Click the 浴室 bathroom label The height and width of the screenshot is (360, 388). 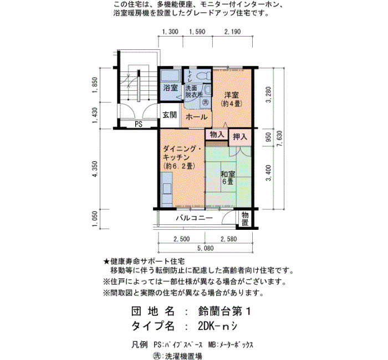(170, 88)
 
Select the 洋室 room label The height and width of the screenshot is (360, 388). (231, 95)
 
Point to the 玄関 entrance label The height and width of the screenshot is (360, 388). (170, 115)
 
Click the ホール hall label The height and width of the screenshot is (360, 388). (196, 117)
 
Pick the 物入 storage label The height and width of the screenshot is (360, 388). (217, 135)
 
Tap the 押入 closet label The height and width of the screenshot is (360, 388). (239, 137)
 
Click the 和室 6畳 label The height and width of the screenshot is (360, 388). (228, 178)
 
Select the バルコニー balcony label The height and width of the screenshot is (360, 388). (194, 218)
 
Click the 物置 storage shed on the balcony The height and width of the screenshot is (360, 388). (245, 219)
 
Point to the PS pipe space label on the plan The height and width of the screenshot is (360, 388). (139, 125)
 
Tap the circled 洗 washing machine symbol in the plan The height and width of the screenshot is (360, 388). (206, 102)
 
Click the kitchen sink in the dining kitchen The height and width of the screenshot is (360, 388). (167, 188)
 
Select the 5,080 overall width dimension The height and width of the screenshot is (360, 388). (206, 248)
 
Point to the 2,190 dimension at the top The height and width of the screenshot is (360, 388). (232, 32)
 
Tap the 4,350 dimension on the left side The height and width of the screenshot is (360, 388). (95, 169)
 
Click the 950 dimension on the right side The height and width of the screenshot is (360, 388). (268, 137)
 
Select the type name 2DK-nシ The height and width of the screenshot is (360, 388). (218, 326)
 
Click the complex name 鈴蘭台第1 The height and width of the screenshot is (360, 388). (224, 311)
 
